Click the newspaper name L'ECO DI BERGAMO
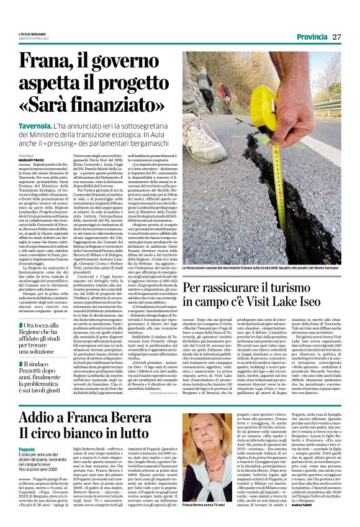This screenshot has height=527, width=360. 33,34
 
